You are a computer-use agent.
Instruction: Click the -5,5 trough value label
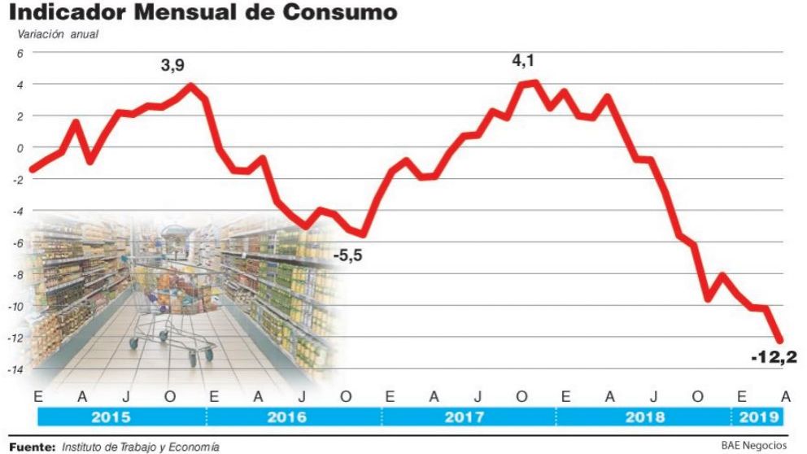(x=347, y=255)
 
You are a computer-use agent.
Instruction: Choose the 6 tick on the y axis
(x=21, y=53)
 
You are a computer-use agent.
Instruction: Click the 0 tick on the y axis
(x=21, y=147)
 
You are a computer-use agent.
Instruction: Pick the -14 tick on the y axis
(x=17, y=369)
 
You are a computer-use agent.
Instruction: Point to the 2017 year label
(x=464, y=417)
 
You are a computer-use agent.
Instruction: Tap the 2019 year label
(x=757, y=417)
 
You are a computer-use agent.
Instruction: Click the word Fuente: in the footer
(x=32, y=446)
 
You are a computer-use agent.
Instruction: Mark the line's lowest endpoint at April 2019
(x=779, y=340)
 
